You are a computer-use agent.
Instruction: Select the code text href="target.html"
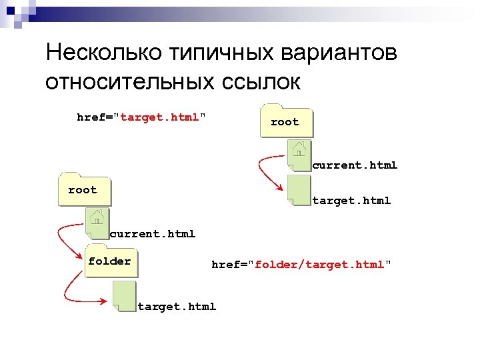pos(141,117)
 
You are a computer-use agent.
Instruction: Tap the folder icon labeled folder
pos(109,261)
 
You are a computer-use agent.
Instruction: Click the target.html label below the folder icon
pos(177,307)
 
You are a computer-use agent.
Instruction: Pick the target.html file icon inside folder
pos(124,296)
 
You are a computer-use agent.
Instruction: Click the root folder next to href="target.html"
pos(285,121)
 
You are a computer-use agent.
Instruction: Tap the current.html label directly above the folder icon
pos(153,233)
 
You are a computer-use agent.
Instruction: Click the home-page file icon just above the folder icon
pos(97,221)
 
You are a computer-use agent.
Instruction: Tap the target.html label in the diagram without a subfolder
pos(351,200)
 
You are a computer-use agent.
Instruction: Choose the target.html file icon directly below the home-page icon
pos(299,191)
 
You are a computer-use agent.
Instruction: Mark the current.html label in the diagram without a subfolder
pos(355,165)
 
